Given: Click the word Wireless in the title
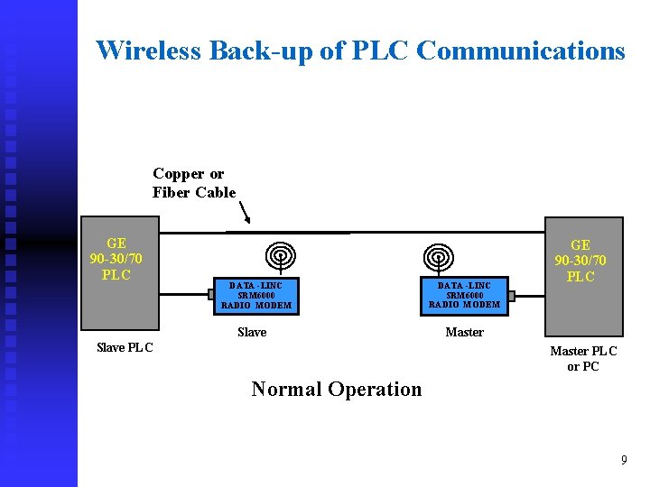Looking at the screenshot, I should [148, 51].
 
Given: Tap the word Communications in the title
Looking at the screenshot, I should [521, 51].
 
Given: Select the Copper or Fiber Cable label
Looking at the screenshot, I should [193, 183].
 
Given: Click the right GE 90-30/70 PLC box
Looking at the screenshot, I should [583, 275].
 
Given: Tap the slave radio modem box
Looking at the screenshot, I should [255, 295].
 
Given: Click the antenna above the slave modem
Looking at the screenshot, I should [281, 254].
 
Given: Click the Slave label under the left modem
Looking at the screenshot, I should [252, 333].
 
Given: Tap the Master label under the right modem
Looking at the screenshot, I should [464, 333].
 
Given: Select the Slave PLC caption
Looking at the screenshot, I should [125, 348].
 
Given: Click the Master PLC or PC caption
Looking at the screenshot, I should [583, 359].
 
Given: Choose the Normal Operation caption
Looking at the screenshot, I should [336, 390].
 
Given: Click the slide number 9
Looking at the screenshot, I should [623, 461].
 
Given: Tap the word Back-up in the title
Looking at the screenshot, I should [263, 51].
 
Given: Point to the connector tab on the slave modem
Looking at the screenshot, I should [211, 294].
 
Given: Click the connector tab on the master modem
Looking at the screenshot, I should [510, 294].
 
